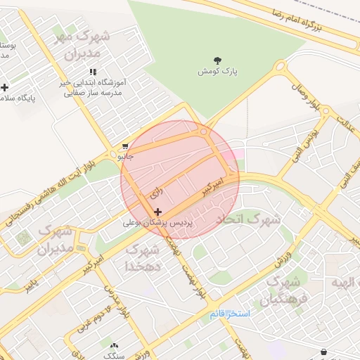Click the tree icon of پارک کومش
click(217, 60)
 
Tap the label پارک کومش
click(216, 72)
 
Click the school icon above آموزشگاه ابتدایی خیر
click(93, 72)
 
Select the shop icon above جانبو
click(125, 146)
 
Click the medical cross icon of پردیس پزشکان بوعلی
click(157, 211)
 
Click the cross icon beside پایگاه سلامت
click(6, 88)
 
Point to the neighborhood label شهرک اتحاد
click(247, 219)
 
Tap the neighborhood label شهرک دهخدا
click(141, 258)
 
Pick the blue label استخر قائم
click(229, 314)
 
